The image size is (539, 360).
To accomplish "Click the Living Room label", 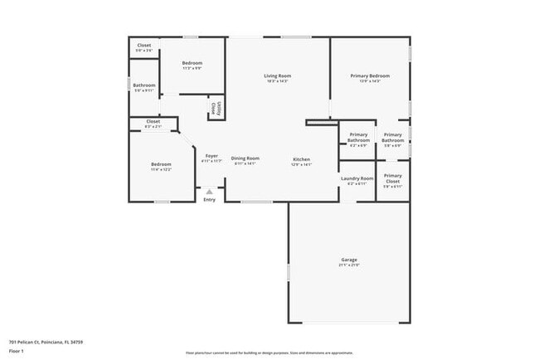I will click(279, 75).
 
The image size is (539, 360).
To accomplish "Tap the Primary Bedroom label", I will click(370, 75).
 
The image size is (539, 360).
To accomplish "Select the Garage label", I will click(348, 260).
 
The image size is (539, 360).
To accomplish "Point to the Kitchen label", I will click(301, 158).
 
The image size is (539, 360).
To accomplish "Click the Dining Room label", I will click(245, 158).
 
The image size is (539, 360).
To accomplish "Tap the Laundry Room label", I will click(357, 178).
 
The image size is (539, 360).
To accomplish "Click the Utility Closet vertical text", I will click(215, 107).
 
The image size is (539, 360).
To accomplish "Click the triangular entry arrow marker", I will click(209, 191).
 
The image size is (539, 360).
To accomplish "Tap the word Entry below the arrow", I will click(209, 199).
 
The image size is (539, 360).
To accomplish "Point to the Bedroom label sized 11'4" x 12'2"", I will click(161, 164).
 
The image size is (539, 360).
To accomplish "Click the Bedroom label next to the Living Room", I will click(192, 63).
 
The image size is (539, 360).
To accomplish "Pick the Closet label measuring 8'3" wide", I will click(153, 121).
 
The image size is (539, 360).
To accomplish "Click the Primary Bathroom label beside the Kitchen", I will click(358, 137).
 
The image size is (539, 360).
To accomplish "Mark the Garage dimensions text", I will click(348, 265).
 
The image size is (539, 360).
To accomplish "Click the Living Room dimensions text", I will click(279, 81).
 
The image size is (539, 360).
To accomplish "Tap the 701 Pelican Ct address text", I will click(46, 342).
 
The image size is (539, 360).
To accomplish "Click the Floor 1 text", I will click(16, 351).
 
